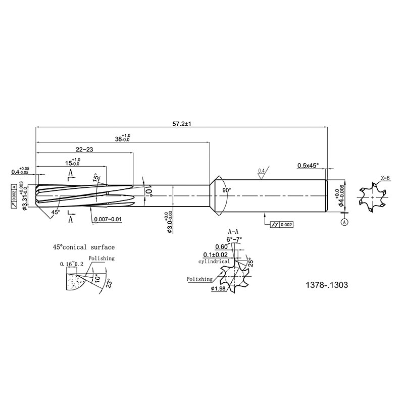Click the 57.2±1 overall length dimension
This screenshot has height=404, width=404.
point(182,124)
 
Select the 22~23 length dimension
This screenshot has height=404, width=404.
point(84,149)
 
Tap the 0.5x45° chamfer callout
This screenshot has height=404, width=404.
point(308,166)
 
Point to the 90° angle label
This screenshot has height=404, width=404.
point(227,190)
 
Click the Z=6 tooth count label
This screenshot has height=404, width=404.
point(385,178)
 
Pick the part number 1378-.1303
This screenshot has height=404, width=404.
point(326,285)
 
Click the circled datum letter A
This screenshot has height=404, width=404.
point(344,222)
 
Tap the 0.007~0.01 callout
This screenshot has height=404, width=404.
point(108,220)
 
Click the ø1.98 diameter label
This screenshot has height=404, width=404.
point(218,289)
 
